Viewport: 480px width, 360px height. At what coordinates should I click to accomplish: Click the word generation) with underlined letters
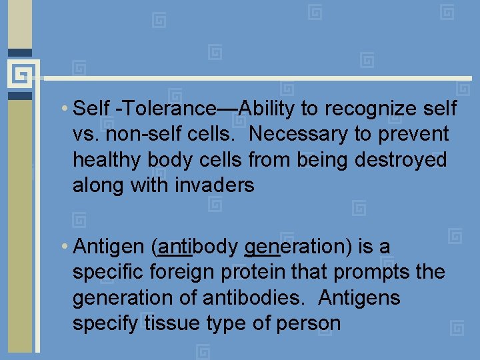298,247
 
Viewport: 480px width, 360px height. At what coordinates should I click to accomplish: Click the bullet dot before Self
63,109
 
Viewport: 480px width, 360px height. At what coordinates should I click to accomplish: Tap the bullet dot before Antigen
63,247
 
